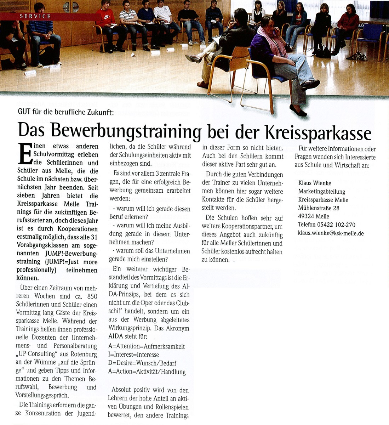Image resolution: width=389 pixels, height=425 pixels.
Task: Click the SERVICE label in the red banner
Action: pos(35,16)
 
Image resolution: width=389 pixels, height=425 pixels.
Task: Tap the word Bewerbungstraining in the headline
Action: pos(126,131)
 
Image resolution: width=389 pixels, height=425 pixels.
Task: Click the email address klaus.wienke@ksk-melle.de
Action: pos(331,233)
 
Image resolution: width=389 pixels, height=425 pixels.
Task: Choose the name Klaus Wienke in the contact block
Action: pos(314,183)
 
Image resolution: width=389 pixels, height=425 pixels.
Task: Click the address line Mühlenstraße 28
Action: pos(319,208)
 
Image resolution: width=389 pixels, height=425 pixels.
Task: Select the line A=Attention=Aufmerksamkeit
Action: pos(147,346)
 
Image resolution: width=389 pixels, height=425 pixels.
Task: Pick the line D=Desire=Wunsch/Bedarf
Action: pos(142,363)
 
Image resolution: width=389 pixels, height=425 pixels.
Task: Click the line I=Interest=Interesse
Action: pos(133,355)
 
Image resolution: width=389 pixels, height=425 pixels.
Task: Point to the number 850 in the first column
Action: pos(91,296)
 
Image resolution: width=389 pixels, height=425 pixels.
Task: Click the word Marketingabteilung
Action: pos(321,192)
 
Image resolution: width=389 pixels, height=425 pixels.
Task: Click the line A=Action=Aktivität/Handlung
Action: pos(147,372)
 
